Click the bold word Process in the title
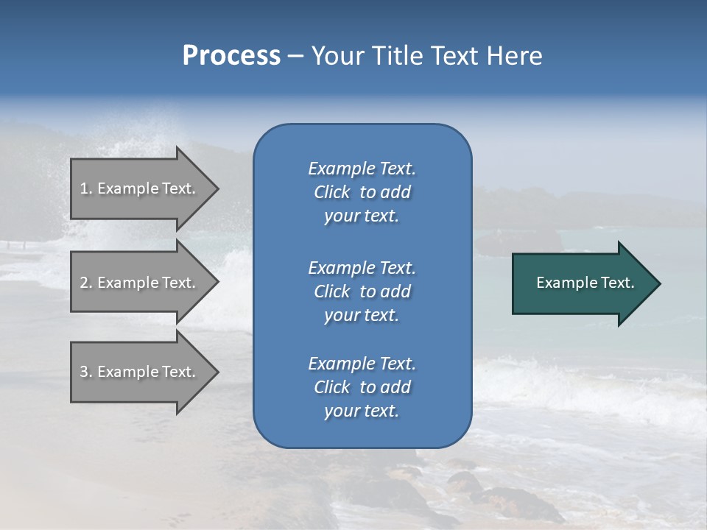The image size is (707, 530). pyautogui.click(x=231, y=56)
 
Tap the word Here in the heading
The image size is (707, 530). pyautogui.click(x=514, y=56)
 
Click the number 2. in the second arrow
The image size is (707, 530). pyautogui.click(x=86, y=283)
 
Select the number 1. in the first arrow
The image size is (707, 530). pyautogui.click(x=86, y=188)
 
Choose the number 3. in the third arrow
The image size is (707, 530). pyautogui.click(x=86, y=372)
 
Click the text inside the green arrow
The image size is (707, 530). pyautogui.click(x=585, y=283)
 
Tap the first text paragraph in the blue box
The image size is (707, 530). pyautogui.click(x=362, y=192)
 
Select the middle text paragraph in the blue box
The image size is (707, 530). pyautogui.click(x=362, y=291)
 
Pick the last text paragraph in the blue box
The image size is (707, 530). pyautogui.click(x=362, y=387)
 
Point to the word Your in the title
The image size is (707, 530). pyautogui.click(x=337, y=56)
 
